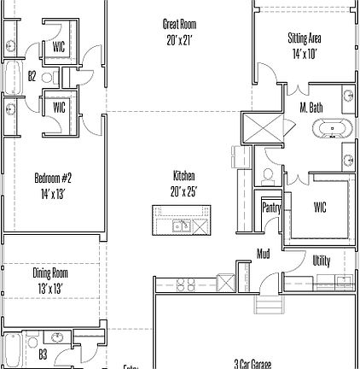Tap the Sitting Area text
[x=304, y=38]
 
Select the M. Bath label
[x=311, y=108]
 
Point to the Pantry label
[x=271, y=208]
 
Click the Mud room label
[x=264, y=254]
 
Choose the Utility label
[x=321, y=261]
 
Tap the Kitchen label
[x=183, y=176]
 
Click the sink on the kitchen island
[x=181, y=225]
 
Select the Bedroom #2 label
[x=53, y=179]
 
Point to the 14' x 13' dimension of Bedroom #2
[x=53, y=194]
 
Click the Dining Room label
[x=50, y=273]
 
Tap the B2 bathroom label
[x=32, y=76]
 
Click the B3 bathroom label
[x=43, y=354]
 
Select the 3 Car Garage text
[x=253, y=363]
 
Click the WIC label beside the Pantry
[x=320, y=208]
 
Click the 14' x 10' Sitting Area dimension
[x=304, y=53]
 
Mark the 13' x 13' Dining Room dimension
[x=50, y=289]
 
